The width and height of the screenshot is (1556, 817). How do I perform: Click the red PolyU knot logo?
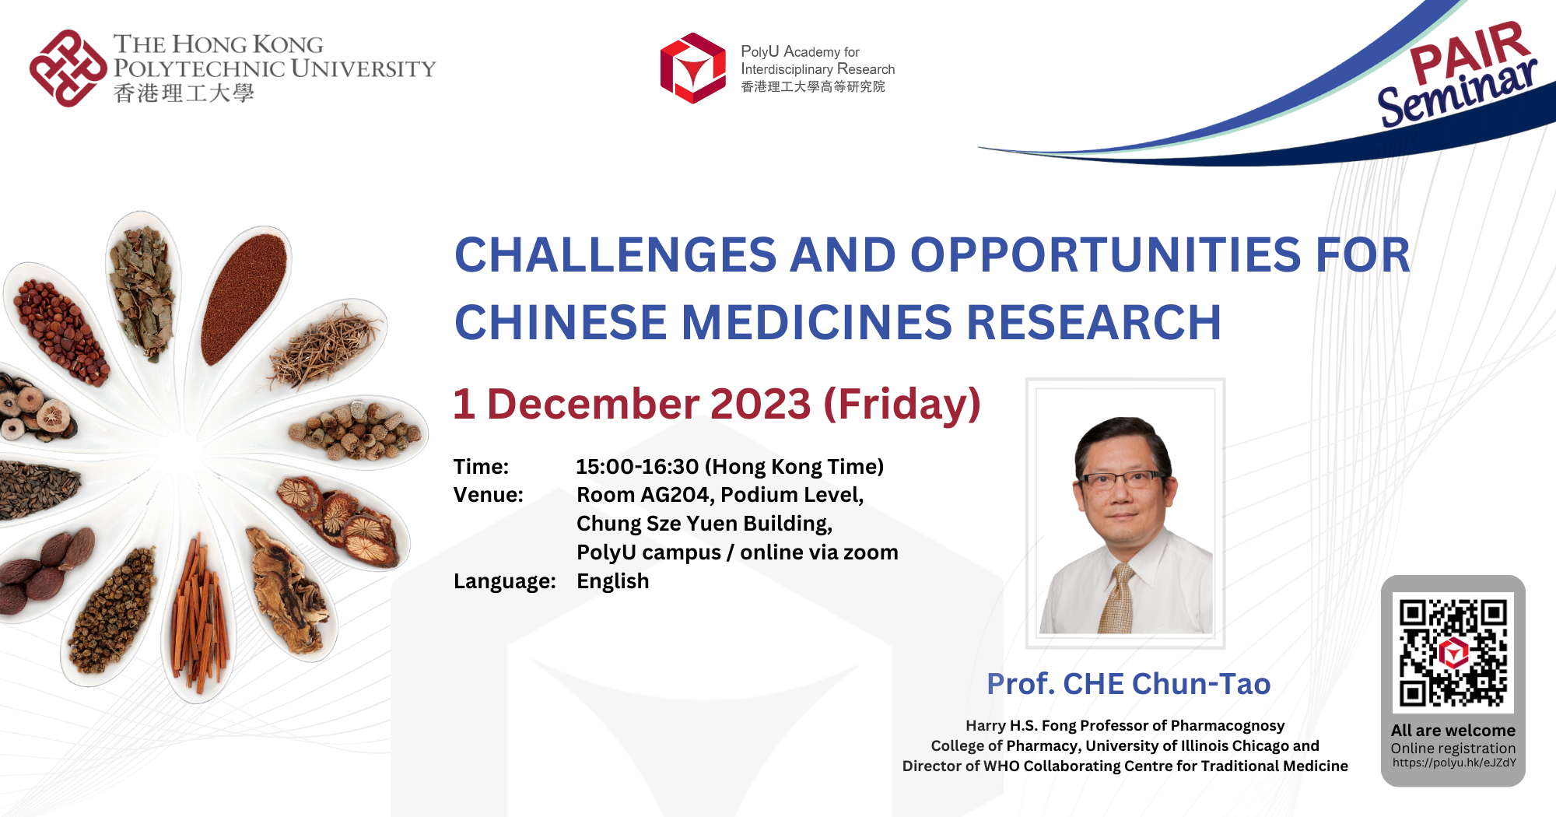tap(68, 68)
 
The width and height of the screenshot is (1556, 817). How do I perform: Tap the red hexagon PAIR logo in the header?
tap(692, 68)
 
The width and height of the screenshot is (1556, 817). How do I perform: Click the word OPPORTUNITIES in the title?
tap(1106, 255)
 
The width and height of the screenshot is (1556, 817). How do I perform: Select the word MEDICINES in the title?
tap(816, 323)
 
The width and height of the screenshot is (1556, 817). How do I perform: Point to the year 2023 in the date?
tap(760, 404)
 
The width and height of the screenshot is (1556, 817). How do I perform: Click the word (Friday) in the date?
tap(902, 404)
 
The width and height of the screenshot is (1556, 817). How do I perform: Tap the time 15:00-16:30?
tap(637, 467)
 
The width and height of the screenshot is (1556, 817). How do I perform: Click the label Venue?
tap(488, 495)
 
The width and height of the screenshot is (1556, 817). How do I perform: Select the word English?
tap(612, 581)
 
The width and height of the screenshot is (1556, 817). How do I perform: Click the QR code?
tap(1453, 652)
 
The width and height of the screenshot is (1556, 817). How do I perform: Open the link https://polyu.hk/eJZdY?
tap(1453, 763)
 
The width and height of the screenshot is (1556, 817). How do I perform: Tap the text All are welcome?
tap(1453, 731)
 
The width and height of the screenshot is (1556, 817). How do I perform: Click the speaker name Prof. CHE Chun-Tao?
tap(1128, 684)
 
